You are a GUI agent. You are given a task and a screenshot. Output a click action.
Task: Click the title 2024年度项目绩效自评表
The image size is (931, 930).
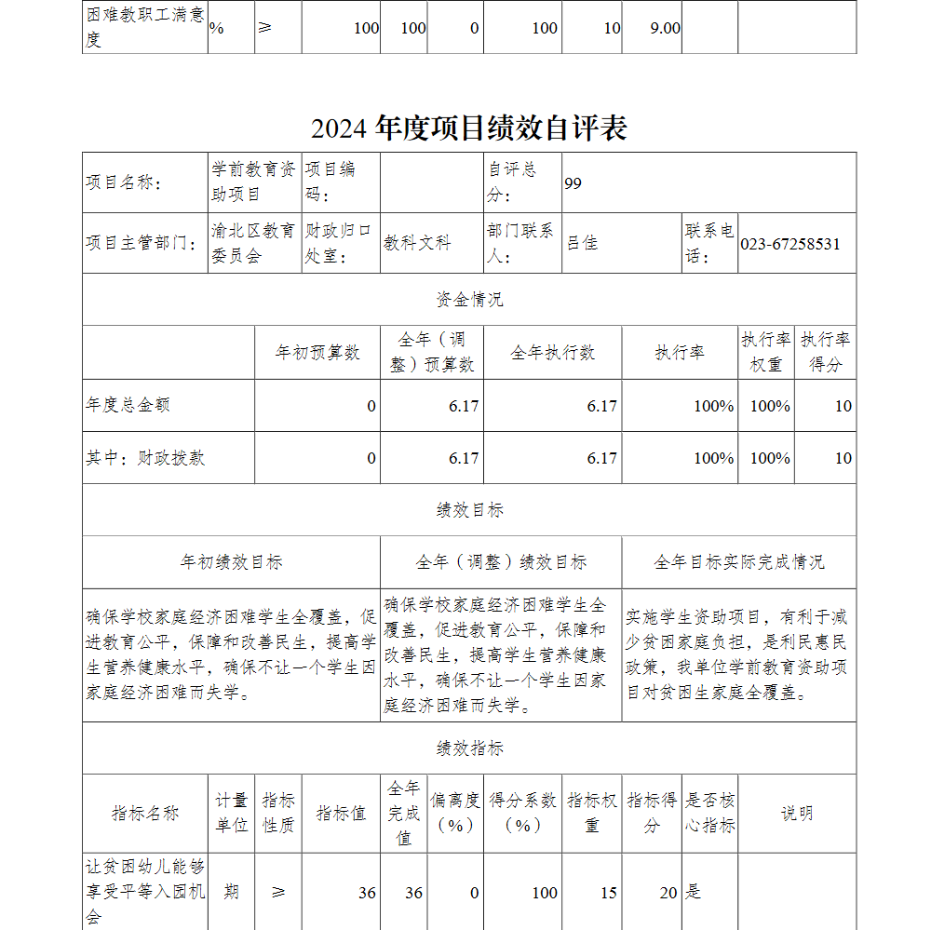469,128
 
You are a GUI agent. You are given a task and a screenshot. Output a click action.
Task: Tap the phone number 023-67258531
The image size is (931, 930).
789,244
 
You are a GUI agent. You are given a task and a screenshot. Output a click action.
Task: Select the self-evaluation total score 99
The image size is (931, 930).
573,183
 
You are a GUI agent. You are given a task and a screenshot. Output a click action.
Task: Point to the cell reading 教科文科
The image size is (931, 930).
417,244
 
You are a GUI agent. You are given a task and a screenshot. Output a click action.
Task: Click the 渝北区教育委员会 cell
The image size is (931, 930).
252,243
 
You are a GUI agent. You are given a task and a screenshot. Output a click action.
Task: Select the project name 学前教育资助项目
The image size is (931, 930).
252,182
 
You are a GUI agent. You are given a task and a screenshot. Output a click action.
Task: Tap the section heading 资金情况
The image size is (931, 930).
469,300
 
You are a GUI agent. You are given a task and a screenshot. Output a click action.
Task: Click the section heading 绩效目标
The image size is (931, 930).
469,510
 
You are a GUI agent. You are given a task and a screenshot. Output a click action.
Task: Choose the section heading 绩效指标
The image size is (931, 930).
469,748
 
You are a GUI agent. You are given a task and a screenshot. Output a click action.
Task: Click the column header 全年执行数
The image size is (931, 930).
552,353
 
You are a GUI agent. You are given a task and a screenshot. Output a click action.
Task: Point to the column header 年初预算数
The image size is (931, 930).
317,353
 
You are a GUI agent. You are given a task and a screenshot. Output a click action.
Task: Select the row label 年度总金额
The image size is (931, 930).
128,406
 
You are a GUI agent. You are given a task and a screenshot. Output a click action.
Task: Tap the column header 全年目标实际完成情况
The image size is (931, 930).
738,562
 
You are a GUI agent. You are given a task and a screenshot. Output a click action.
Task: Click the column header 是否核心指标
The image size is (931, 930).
709,813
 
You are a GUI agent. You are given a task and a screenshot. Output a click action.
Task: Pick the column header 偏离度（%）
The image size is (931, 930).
455,813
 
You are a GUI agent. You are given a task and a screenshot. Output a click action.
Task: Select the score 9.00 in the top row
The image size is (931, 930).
665,28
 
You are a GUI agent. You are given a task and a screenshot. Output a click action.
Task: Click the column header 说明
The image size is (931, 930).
796,813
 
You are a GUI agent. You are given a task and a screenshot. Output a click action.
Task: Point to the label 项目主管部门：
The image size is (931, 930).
141,244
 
